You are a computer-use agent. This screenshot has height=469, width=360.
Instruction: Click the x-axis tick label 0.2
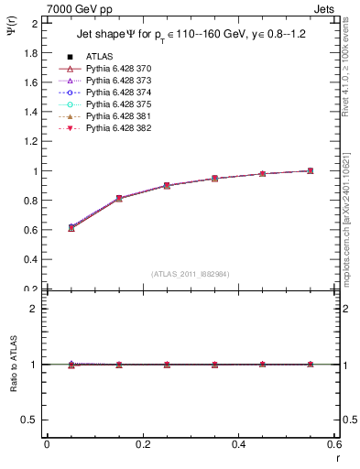tap(142, 444)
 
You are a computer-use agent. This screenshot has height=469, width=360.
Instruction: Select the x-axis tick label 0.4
tap(238, 444)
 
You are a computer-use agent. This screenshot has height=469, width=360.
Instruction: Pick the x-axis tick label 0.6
tap(333, 444)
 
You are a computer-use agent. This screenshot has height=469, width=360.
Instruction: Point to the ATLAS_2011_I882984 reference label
tap(191, 274)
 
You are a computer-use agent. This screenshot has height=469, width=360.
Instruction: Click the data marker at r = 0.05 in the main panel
tap(71, 227)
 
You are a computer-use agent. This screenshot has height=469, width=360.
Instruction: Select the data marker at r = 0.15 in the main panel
tap(119, 198)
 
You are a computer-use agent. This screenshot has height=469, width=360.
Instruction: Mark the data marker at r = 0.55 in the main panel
tap(311, 170)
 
